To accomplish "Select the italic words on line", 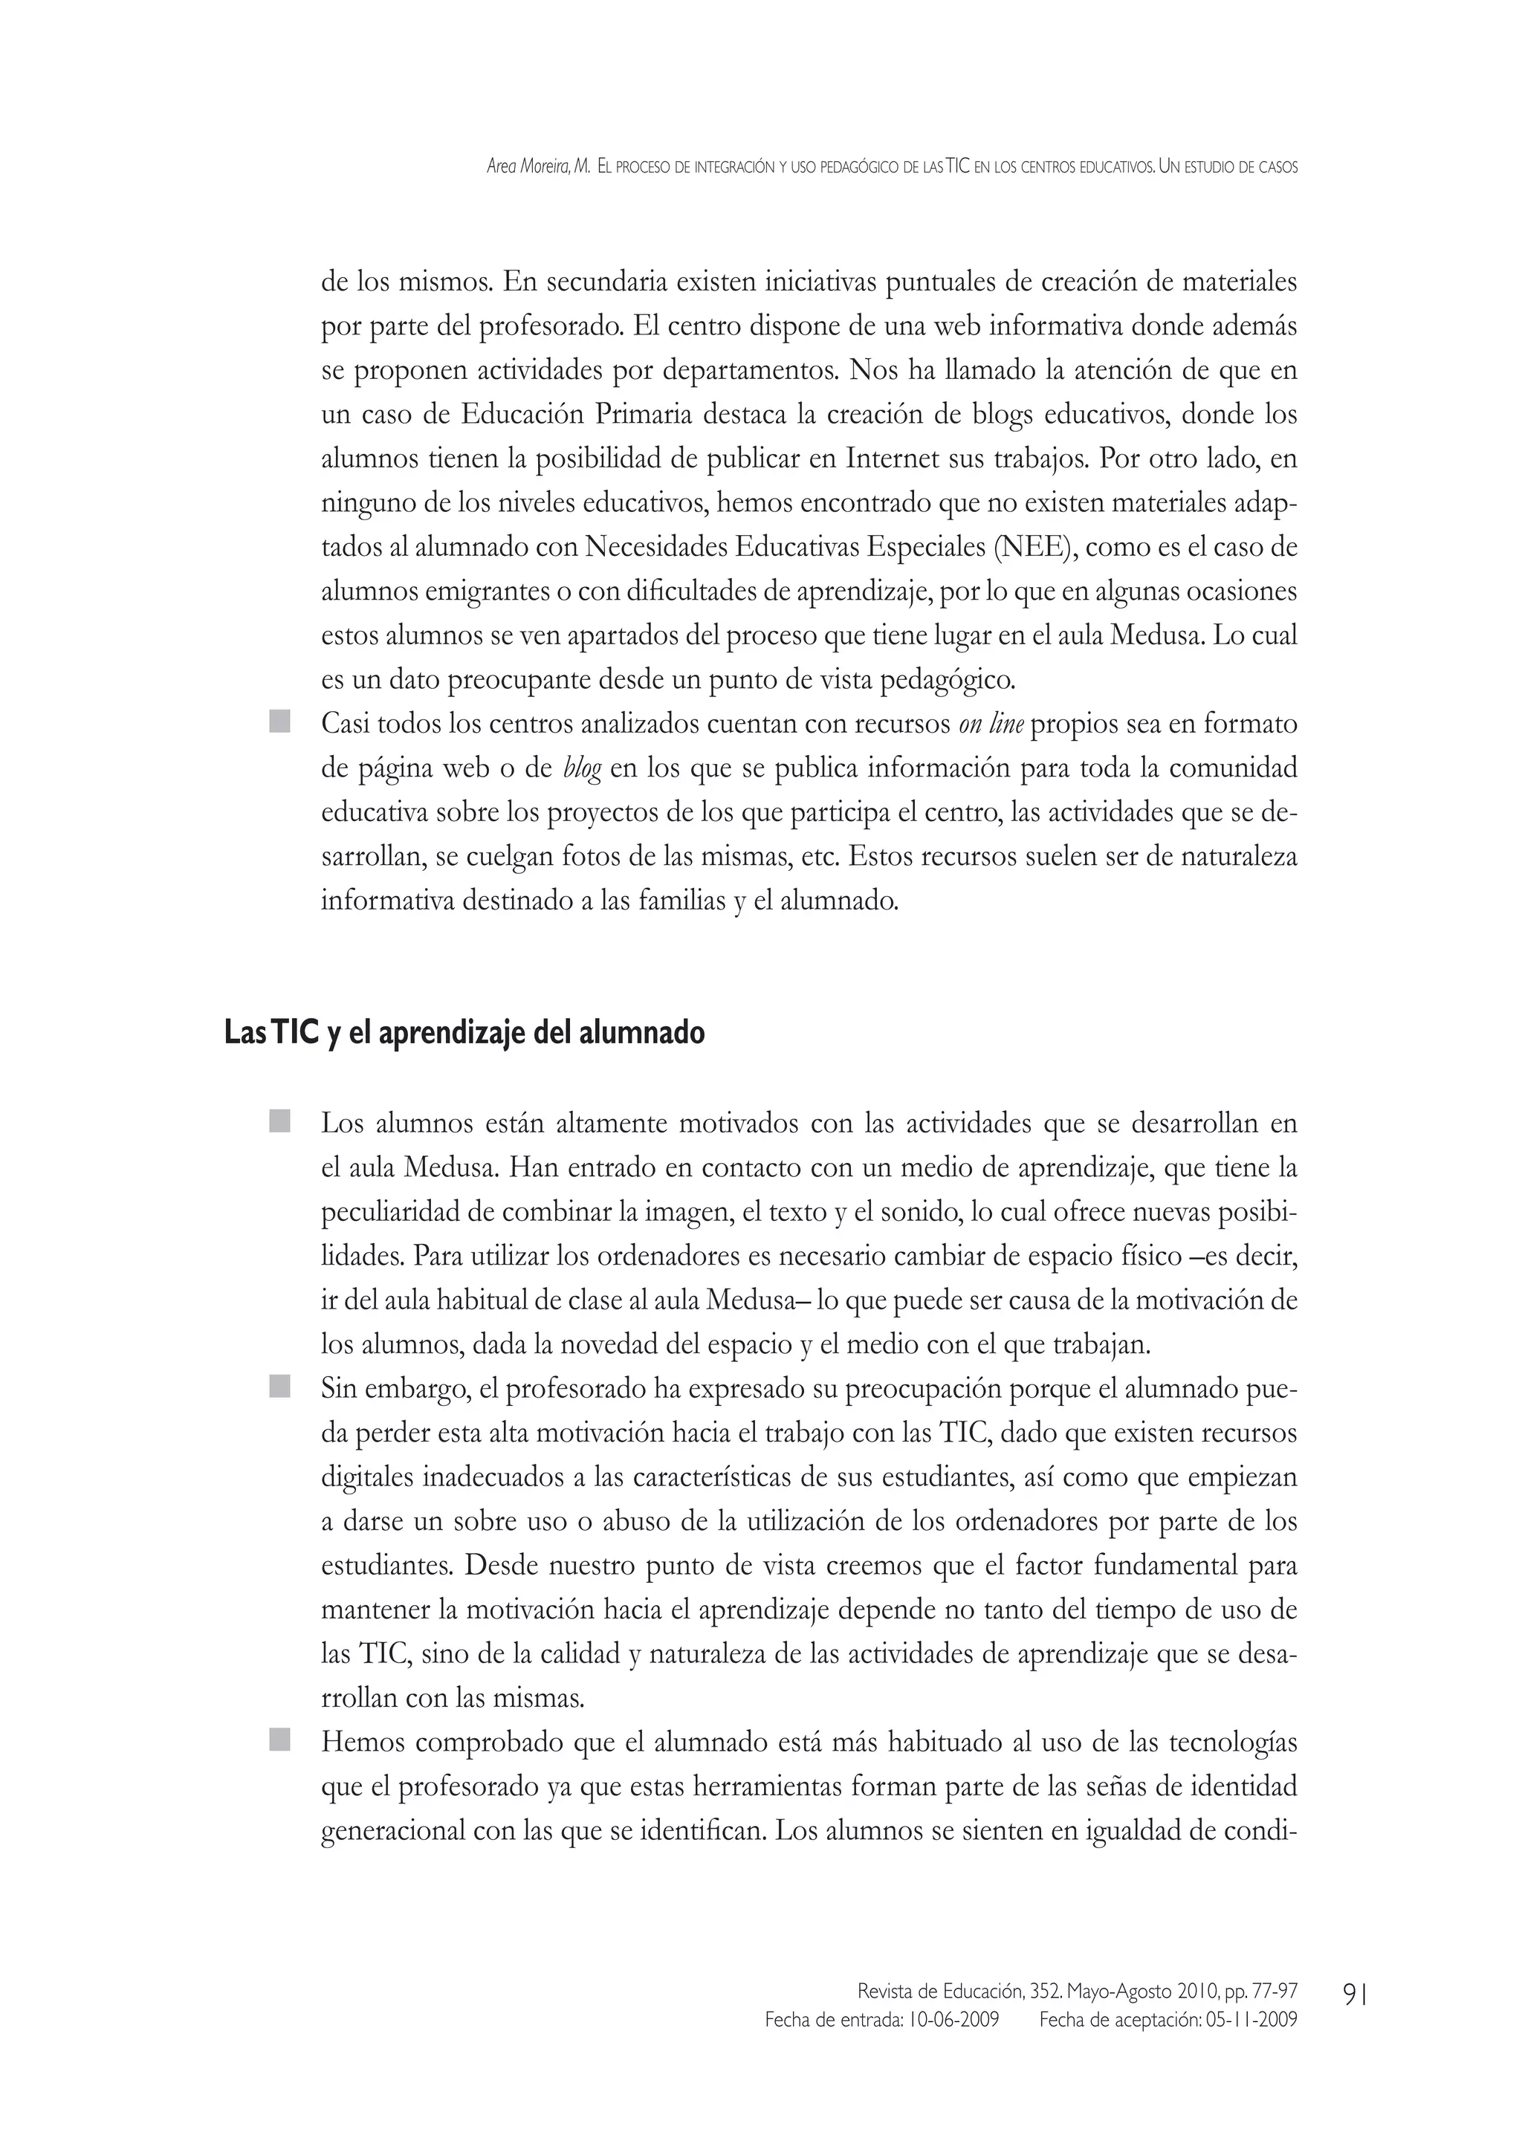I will [991, 725].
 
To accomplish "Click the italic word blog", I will [582, 768].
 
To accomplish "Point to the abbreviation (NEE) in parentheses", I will [1034, 548].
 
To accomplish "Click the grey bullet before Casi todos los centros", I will [279, 722].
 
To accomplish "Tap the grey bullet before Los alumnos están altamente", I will [279, 1122].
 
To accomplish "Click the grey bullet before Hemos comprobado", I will [279, 1741].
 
